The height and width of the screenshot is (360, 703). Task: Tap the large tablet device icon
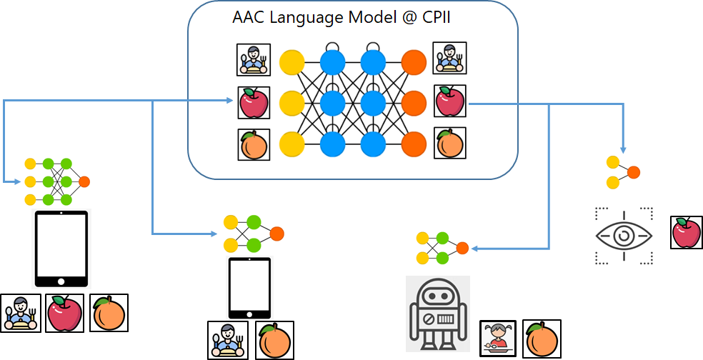[61, 249]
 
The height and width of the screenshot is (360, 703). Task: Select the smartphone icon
[249, 289]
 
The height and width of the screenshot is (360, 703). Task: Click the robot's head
[437, 294]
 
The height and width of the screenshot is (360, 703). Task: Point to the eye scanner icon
[624, 236]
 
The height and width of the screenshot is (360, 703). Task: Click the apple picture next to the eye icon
[687, 233]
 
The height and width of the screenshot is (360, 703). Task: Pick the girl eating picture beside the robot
[497, 337]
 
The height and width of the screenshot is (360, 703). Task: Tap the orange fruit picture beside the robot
[542, 338]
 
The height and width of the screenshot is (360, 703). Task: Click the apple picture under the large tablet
[65, 313]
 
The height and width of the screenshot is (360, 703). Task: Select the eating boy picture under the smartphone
[227, 339]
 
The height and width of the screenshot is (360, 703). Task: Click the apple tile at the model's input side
[254, 104]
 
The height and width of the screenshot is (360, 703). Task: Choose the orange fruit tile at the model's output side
[450, 144]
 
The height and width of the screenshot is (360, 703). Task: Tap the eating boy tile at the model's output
[449, 59]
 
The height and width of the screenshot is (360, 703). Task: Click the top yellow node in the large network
[291, 62]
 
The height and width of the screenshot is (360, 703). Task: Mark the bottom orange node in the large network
[414, 144]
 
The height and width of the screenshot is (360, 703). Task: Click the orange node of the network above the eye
[633, 172]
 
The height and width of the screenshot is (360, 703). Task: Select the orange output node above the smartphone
[277, 234]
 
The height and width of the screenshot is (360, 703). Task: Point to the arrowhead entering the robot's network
[474, 249]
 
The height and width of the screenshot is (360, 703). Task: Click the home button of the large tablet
[61, 281]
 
